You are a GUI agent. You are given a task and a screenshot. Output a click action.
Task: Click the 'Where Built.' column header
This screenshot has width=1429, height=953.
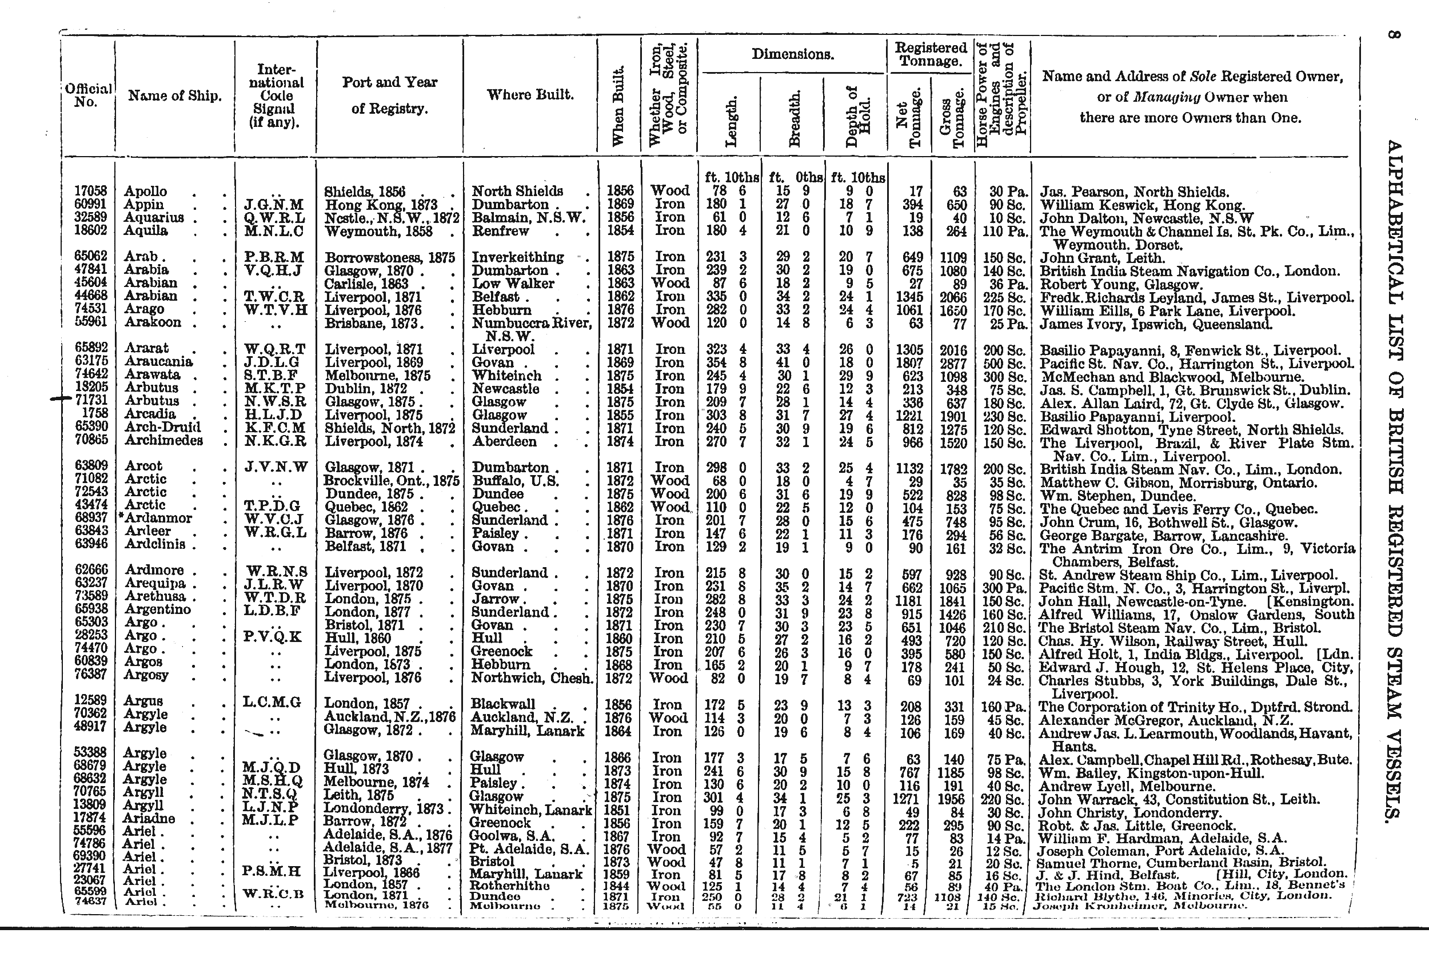click(x=530, y=95)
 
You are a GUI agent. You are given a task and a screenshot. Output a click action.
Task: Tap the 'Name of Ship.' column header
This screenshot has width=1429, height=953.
click(x=174, y=95)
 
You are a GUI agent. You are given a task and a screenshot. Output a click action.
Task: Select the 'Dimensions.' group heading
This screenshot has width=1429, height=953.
click(x=792, y=54)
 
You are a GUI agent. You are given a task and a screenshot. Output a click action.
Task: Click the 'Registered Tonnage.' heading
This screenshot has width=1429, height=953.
click(x=931, y=54)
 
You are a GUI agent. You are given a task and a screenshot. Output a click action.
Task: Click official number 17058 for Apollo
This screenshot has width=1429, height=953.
click(x=90, y=191)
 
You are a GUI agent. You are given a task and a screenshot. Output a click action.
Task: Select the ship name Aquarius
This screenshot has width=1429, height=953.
click(x=154, y=218)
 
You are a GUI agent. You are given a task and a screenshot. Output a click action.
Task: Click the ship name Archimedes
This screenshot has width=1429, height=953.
click(x=163, y=441)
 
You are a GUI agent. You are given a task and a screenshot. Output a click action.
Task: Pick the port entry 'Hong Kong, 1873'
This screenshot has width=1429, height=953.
click(x=381, y=205)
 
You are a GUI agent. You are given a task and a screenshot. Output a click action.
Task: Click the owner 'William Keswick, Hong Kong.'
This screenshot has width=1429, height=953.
click(x=1142, y=205)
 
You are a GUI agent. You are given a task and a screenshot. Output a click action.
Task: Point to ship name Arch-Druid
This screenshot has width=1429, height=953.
click(x=162, y=427)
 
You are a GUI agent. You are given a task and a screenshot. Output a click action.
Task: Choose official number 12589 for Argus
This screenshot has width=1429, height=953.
click(x=90, y=701)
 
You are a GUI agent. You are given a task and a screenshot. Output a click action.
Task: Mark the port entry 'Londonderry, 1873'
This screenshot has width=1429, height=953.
click(x=384, y=808)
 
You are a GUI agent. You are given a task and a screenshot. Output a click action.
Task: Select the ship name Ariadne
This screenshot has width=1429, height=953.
click(x=149, y=818)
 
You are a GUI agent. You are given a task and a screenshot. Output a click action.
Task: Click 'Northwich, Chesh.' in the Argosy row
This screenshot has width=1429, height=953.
click(x=532, y=677)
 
